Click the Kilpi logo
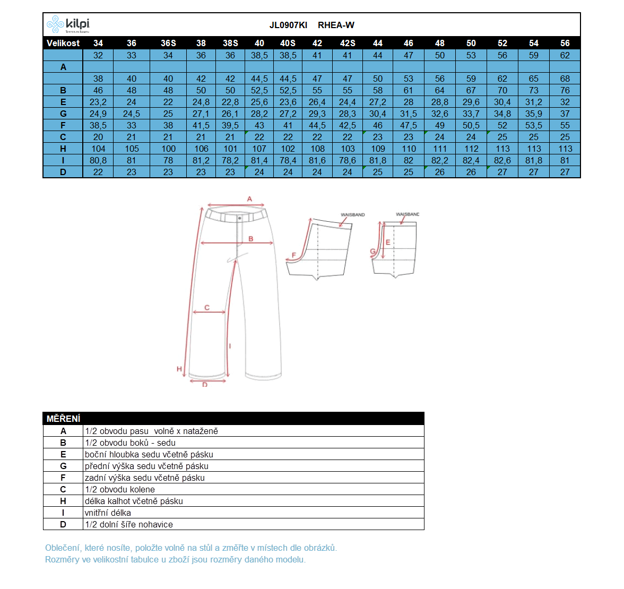[68, 24]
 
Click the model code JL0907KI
[288, 25]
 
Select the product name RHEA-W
[336, 25]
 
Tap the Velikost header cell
[63, 43]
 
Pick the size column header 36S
[168, 43]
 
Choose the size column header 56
[565, 43]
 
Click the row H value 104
[98, 149]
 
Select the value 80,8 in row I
[98, 160]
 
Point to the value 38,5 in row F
[98, 125]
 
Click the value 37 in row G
[565, 114]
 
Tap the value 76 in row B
[565, 90]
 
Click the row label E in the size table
[63, 102]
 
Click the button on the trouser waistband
[240, 218]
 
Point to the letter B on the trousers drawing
[251, 239]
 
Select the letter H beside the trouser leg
[179, 369]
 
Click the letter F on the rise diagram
[294, 256]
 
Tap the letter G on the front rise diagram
[372, 252]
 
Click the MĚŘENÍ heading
[63, 419]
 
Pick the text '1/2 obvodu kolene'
[120, 489]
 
